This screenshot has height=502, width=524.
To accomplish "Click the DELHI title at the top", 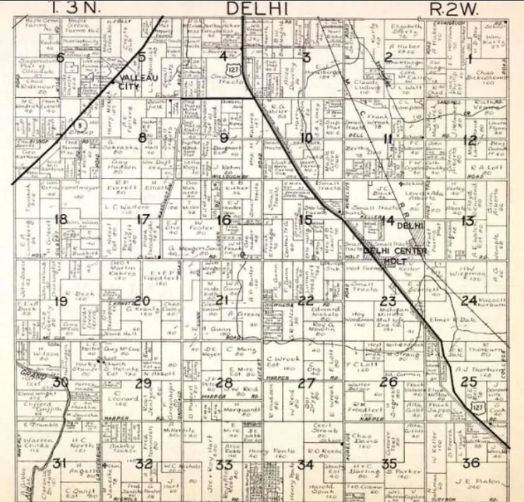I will click(x=258, y=8).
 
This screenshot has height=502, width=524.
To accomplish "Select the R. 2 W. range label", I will click(x=453, y=8).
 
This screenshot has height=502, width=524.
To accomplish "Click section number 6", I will click(x=61, y=57).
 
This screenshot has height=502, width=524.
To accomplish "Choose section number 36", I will click(x=472, y=463).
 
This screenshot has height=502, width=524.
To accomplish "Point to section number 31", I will click(x=60, y=463).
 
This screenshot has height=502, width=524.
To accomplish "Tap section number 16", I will click(x=223, y=220).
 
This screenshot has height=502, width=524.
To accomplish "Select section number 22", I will click(x=305, y=301).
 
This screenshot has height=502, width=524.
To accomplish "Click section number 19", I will click(x=61, y=301).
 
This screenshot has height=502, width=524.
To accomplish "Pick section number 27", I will click(x=305, y=383).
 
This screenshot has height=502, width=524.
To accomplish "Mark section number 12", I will click(x=470, y=139).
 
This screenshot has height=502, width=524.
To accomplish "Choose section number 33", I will click(x=224, y=464).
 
